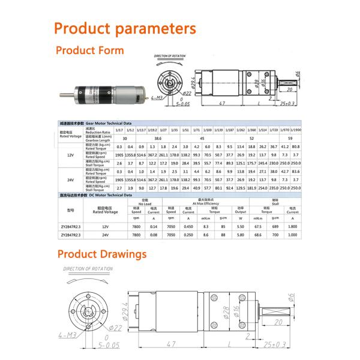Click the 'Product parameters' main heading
(x=125, y=29)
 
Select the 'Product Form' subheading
(x=90, y=50)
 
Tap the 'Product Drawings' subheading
(x=102, y=254)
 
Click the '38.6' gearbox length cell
(x=158, y=139)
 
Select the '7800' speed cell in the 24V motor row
(x=136, y=235)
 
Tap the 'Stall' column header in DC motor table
(x=275, y=200)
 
